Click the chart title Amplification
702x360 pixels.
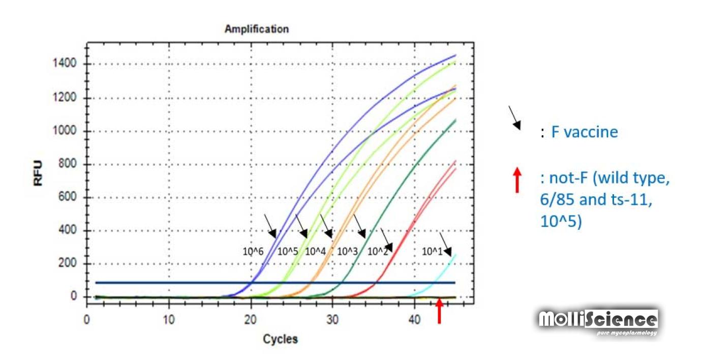point(256,29)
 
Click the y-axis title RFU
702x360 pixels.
point(39,172)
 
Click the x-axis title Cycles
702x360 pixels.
point(280,339)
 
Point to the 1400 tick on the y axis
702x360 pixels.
point(66,64)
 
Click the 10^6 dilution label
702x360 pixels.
point(253,251)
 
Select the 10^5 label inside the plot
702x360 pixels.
point(287,251)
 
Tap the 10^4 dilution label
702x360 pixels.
point(315,251)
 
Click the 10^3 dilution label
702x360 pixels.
point(348,251)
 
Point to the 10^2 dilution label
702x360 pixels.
point(378,251)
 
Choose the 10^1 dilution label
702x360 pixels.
point(432,251)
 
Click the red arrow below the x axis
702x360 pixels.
point(440,311)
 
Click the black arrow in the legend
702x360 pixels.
point(514,117)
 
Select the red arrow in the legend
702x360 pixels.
point(517,180)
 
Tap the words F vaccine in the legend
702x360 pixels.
point(585,133)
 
